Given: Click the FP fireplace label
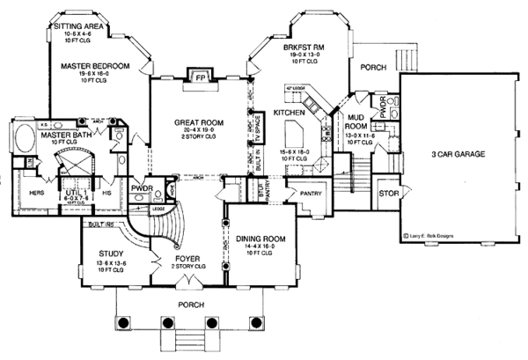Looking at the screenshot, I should (x=198, y=77).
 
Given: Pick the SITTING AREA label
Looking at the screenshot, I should (x=80, y=27).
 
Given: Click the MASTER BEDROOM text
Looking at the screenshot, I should (x=96, y=66).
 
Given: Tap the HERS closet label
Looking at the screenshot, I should (x=36, y=193).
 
